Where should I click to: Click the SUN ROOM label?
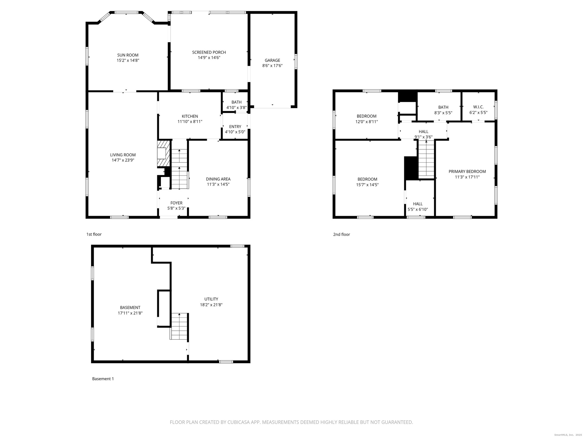128,55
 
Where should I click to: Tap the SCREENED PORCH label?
209,53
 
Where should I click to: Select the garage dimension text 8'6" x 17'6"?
272,66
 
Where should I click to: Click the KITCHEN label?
190,116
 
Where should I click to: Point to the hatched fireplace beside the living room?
163,153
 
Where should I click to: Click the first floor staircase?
179,169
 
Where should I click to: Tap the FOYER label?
176,203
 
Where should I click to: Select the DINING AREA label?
218,179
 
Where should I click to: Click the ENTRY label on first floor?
235,127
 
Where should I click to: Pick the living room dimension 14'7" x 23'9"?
123,160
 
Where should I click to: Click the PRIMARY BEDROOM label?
467,171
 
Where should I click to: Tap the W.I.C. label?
478,107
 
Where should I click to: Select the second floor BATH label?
443,107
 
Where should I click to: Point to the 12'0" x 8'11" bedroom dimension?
367,122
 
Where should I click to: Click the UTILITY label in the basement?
211,299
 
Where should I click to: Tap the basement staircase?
179,326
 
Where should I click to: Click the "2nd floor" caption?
341,234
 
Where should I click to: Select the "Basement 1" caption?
103,379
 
